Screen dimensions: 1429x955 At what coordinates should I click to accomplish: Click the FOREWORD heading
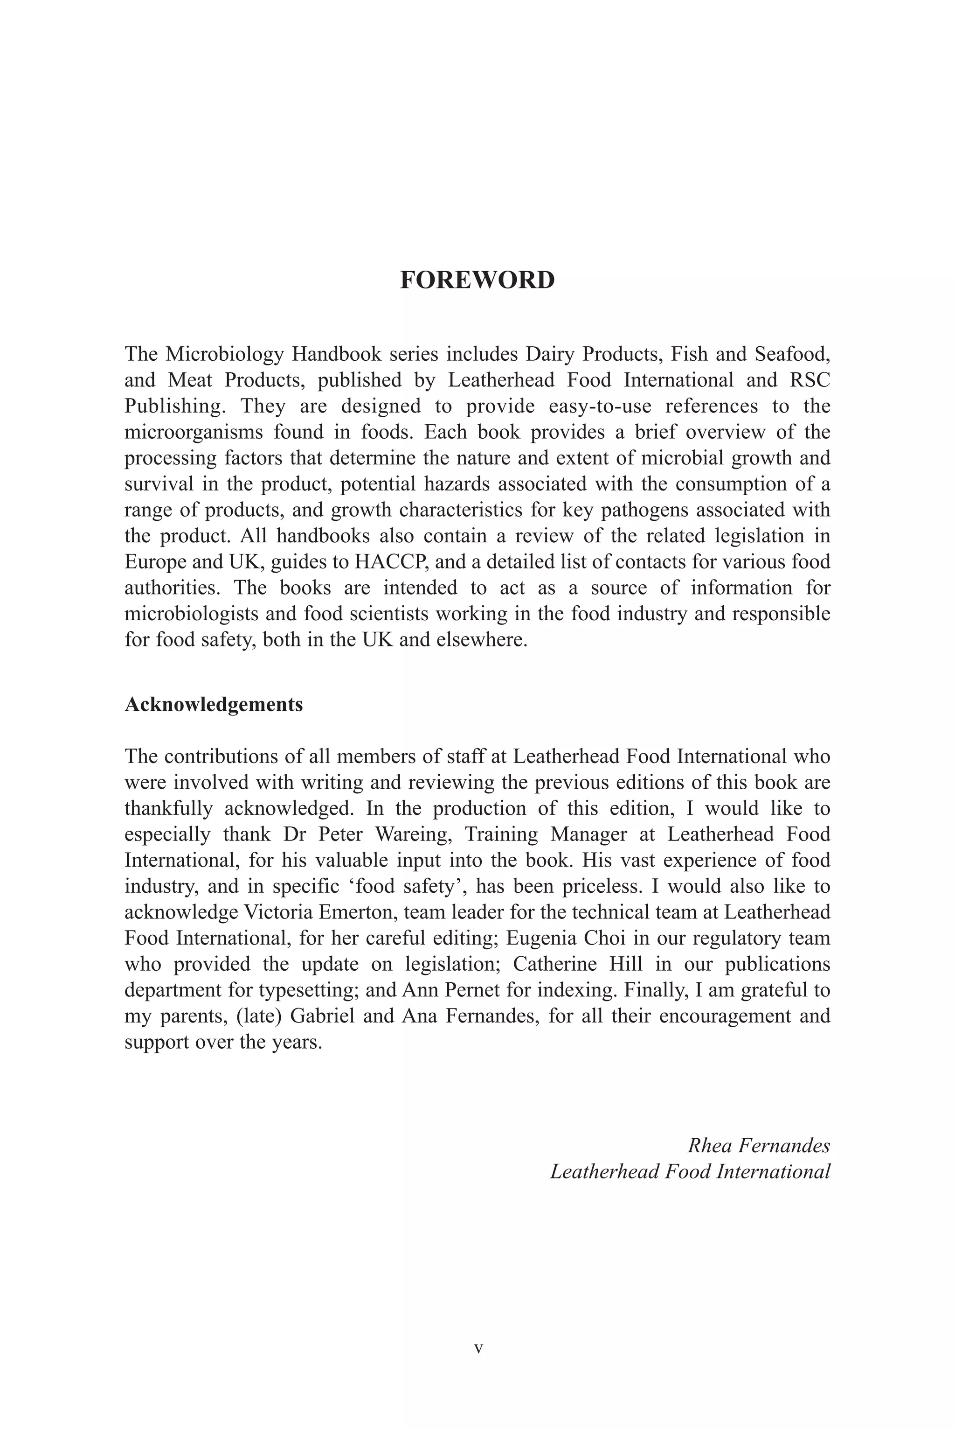pos(477,280)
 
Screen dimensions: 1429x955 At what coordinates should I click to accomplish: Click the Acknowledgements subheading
pos(213,704)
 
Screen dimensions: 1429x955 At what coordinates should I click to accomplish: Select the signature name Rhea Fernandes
pos(758,1145)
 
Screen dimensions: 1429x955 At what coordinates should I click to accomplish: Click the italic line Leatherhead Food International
pos(690,1171)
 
